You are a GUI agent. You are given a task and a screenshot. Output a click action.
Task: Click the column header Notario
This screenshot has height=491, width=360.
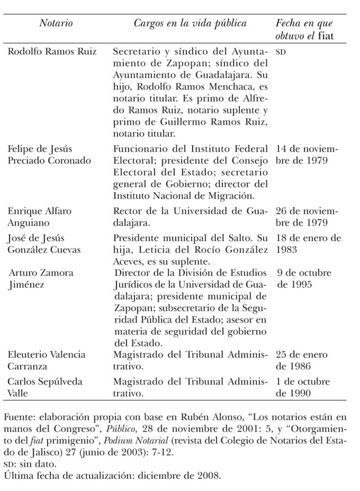click(x=56, y=24)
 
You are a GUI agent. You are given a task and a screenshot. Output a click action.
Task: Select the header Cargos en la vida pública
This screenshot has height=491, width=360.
click(x=190, y=24)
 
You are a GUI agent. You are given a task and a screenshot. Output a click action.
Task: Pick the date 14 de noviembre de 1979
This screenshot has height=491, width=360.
click(x=305, y=155)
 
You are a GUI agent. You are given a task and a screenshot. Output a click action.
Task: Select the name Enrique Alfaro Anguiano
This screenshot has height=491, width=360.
click(x=39, y=217)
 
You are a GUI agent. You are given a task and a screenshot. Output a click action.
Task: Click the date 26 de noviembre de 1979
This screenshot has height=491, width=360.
click(x=305, y=217)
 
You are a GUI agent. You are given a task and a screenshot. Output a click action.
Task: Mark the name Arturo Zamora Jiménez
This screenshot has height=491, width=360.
click(x=42, y=279)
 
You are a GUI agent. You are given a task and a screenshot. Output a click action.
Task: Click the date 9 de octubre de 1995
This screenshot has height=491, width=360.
click(x=304, y=279)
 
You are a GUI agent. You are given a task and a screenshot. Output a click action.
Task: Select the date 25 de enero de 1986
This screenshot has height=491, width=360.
click(x=302, y=361)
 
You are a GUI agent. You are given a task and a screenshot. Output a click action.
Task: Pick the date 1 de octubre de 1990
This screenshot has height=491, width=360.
click(x=303, y=388)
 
